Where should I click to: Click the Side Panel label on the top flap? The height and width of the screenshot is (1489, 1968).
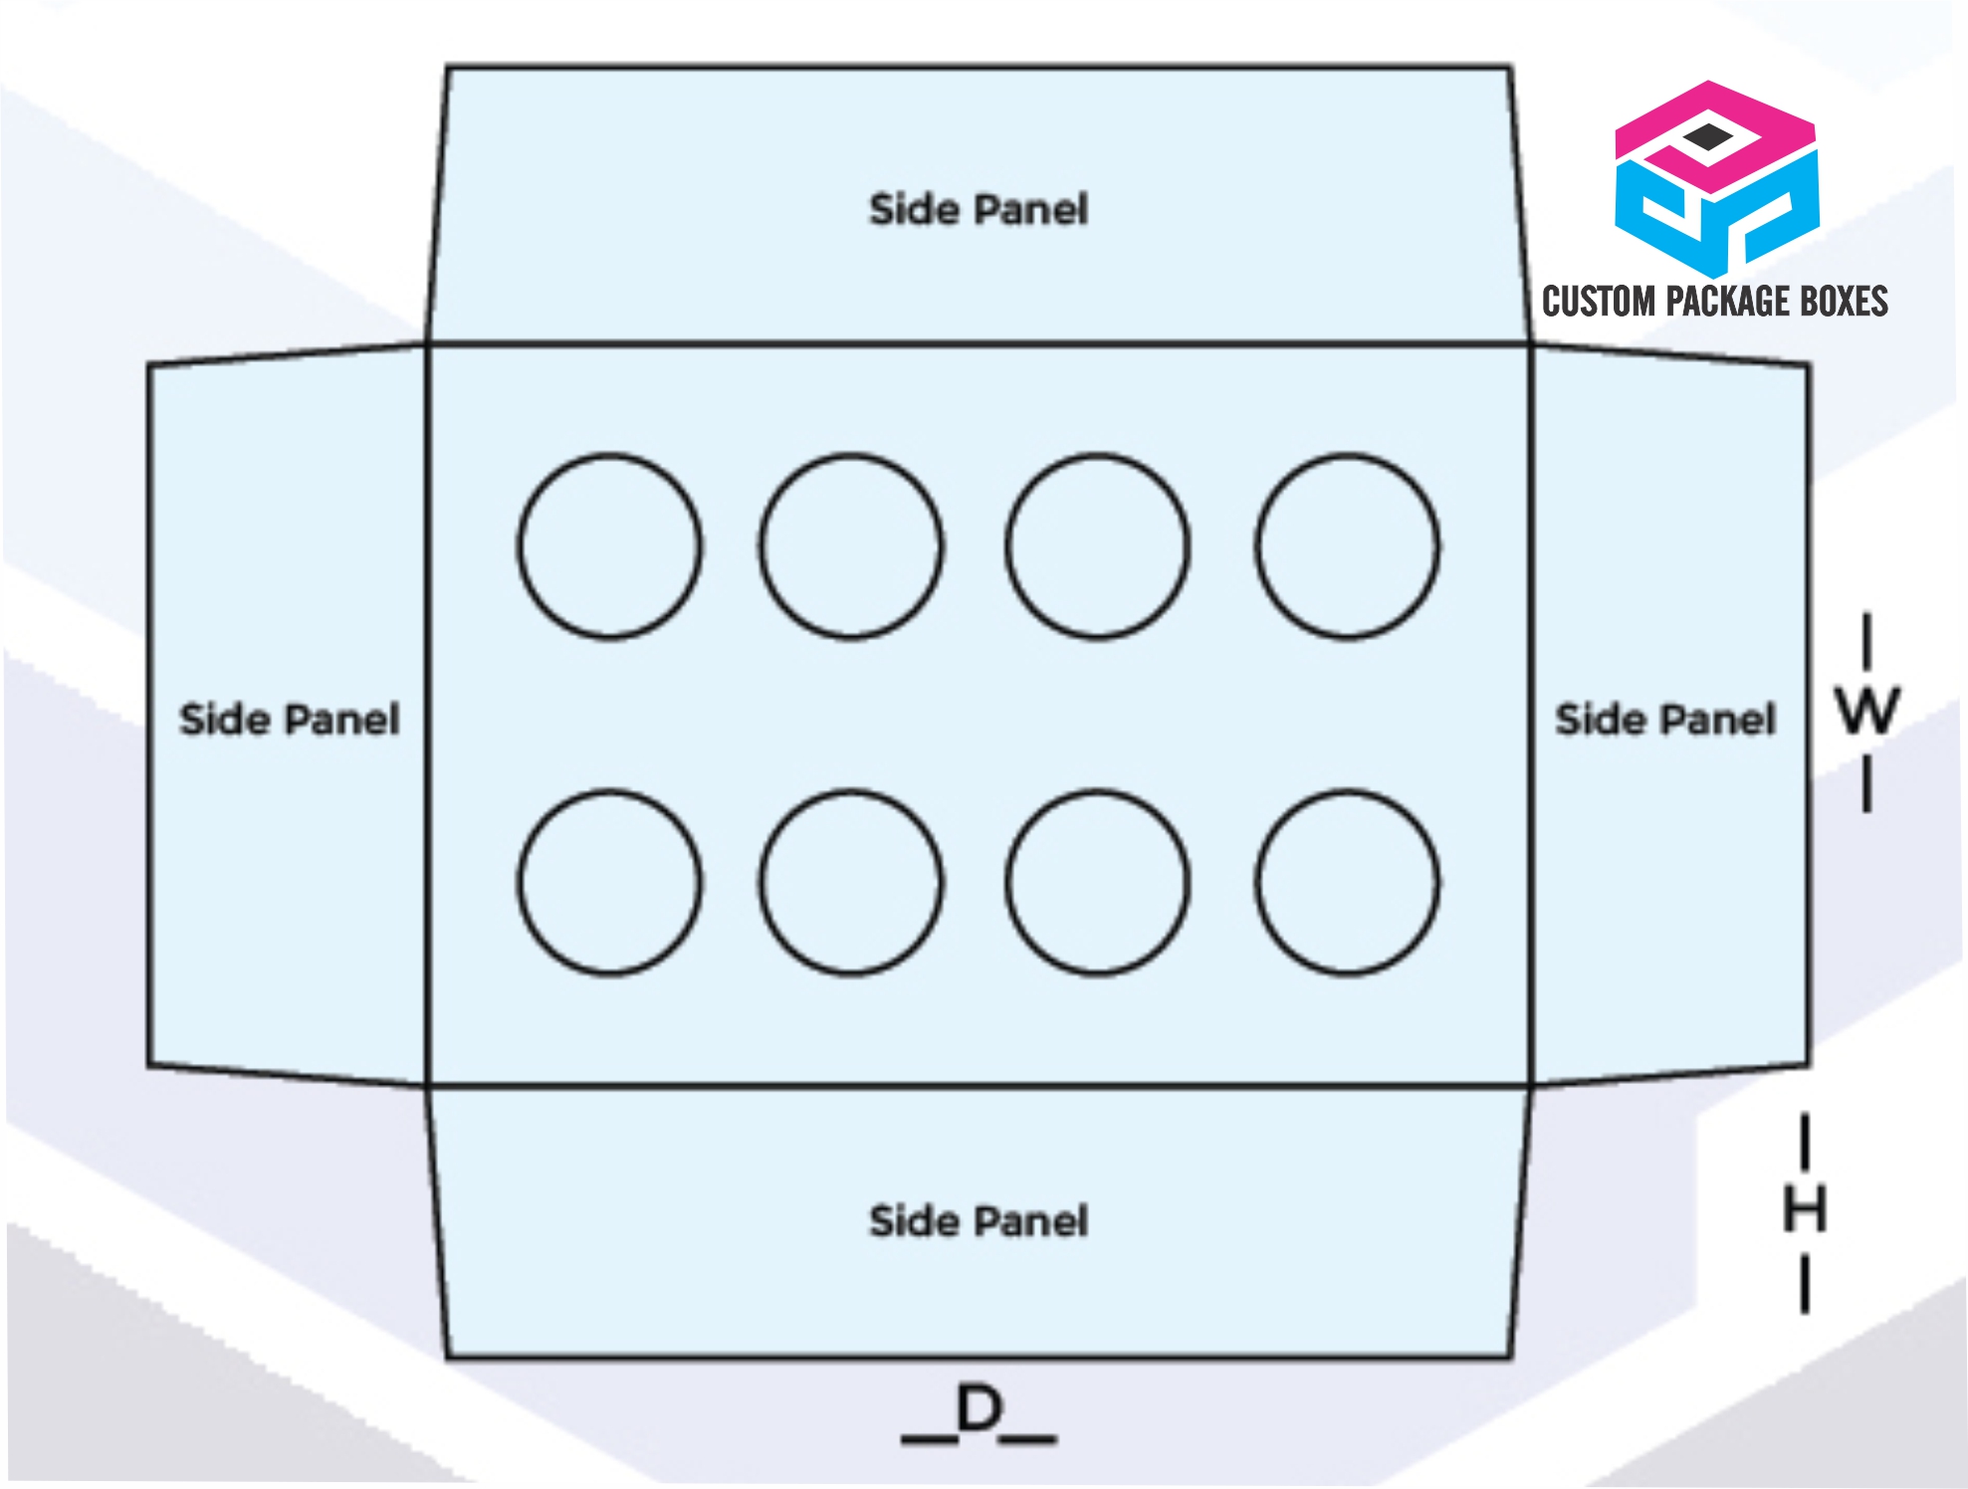(x=979, y=210)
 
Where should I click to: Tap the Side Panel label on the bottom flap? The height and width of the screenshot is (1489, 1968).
(x=979, y=1221)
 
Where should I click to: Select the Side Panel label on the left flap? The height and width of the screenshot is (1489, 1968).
(x=290, y=720)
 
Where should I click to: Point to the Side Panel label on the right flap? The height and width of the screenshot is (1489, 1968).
(x=1665, y=720)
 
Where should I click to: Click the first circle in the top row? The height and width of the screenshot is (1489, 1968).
(x=519, y=546)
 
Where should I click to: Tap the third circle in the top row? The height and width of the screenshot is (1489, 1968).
(x=1007, y=546)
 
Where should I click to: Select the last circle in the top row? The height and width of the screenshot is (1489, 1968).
(x=1257, y=546)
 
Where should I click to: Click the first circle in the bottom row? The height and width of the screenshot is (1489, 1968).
(x=519, y=883)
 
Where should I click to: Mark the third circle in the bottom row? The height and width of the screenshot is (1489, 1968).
(x=1007, y=883)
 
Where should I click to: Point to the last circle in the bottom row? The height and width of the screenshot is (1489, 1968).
(x=1257, y=883)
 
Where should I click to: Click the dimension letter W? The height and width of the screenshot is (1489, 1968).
(x=1867, y=712)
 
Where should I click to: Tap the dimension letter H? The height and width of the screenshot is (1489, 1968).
(x=1805, y=1210)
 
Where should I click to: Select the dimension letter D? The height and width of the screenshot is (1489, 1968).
(x=979, y=1408)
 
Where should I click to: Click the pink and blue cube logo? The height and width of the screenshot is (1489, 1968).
(x=1717, y=179)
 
